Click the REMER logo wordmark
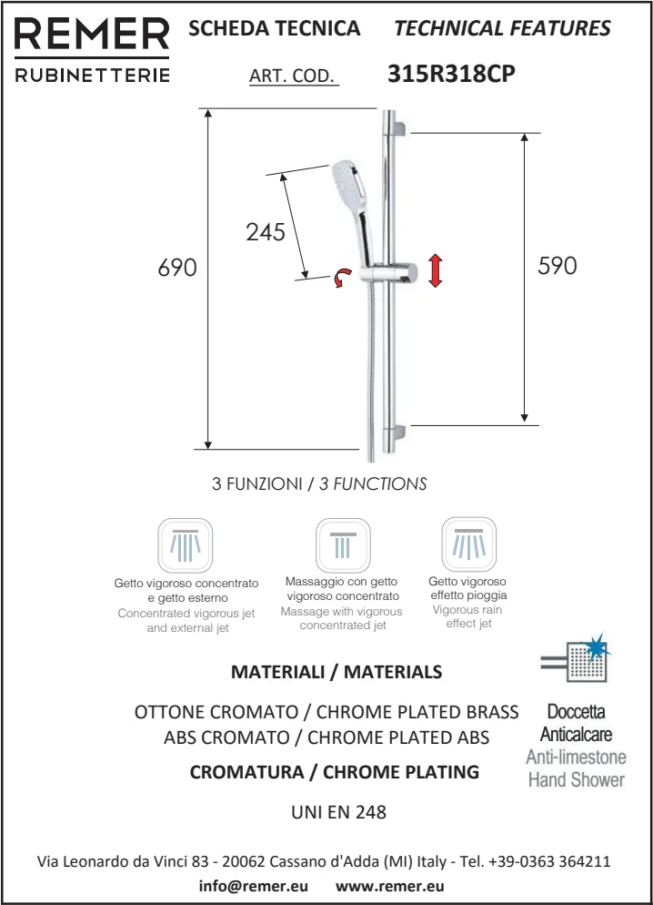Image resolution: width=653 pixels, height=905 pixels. tap(92, 36)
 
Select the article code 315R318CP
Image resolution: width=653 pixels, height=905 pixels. tap(451, 75)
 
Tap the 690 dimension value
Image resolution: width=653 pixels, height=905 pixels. tap(177, 269)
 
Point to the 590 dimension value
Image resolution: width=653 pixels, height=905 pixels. tap(557, 265)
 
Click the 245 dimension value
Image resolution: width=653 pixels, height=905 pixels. tap(266, 232)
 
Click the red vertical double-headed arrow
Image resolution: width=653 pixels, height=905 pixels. tap(435, 271)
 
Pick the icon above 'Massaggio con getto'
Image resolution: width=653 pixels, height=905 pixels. tap(342, 545)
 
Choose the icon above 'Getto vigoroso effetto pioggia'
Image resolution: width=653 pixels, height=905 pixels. tap(468, 544)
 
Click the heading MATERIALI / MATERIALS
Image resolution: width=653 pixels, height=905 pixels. tap(337, 672)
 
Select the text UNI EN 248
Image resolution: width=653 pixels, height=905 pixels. tap(338, 811)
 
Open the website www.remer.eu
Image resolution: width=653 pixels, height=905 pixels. tap(390, 884)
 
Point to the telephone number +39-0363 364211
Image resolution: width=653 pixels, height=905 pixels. tap(548, 860)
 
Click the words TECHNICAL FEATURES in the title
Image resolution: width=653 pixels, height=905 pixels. tap(502, 28)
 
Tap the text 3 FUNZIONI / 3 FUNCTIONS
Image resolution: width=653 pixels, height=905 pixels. tap(319, 484)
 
